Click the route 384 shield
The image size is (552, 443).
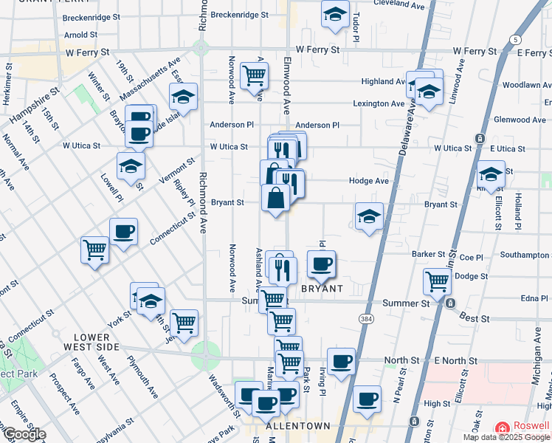(365, 318)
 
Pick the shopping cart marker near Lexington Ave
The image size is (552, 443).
(254, 75)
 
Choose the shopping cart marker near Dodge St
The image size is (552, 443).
(438, 281)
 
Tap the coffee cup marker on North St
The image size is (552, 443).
(341, 361)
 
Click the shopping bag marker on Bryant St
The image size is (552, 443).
(276, 198)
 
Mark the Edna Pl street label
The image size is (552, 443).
(532, 298)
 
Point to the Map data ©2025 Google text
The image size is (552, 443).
(506, 437)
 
